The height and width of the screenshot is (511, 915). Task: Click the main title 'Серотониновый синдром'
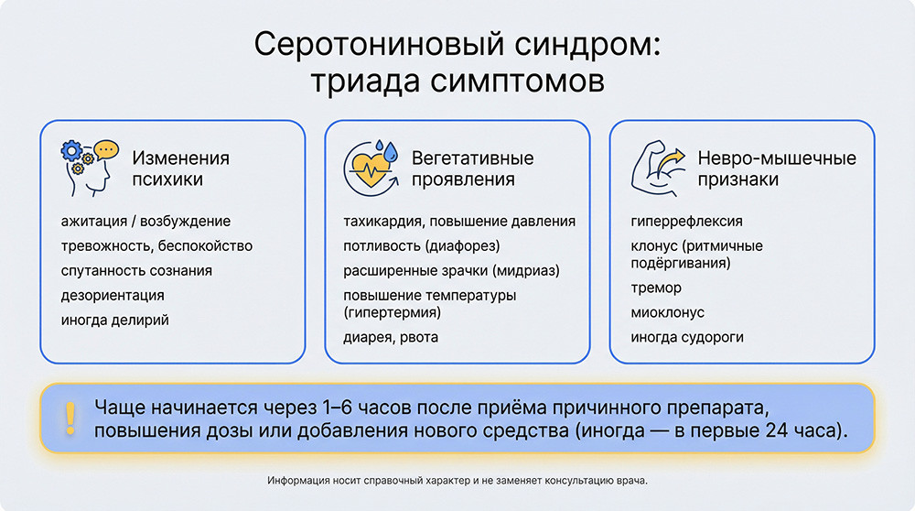457,45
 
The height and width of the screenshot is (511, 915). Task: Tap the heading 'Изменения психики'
180,169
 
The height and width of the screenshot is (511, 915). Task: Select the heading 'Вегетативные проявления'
472,169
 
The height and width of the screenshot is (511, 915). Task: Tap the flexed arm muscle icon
658,168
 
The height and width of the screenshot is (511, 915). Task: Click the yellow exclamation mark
70,418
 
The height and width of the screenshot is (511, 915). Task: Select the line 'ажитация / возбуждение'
145,222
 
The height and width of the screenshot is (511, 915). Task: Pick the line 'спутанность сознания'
136,271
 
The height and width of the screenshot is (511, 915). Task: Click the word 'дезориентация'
113,296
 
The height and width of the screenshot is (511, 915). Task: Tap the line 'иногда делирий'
115,321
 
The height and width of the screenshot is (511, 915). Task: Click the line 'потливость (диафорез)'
421,246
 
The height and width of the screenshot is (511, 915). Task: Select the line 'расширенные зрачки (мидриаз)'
451,271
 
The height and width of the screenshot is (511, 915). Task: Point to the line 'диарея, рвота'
391,337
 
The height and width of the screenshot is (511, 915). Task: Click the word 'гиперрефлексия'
686,222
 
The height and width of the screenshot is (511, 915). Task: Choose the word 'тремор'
656,288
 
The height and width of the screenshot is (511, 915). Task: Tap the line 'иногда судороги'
687,337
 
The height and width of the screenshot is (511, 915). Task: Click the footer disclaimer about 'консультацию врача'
457,481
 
